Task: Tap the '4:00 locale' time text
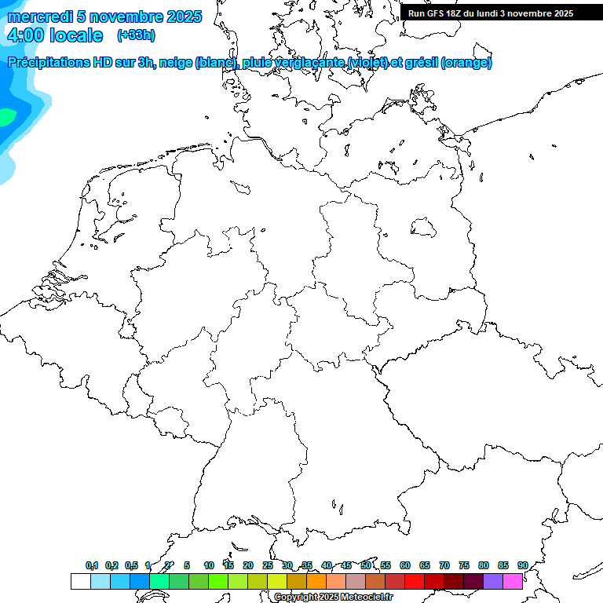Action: tap(55, 35)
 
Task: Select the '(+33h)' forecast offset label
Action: tap(136, 35)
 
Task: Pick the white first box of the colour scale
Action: tap(80, 581)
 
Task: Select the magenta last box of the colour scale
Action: tap(513, 581)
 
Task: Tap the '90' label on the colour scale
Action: tap(522, 565)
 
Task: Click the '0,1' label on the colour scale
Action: tap(92, 565)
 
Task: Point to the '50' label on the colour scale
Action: tap(366, 565)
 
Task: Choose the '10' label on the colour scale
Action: tap(208, 565)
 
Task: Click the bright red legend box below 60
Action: tap(415, 581)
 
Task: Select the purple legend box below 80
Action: tap(493, 581)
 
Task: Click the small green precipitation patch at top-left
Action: tap(6, 118)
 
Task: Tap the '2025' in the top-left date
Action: tap(185, 16)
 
